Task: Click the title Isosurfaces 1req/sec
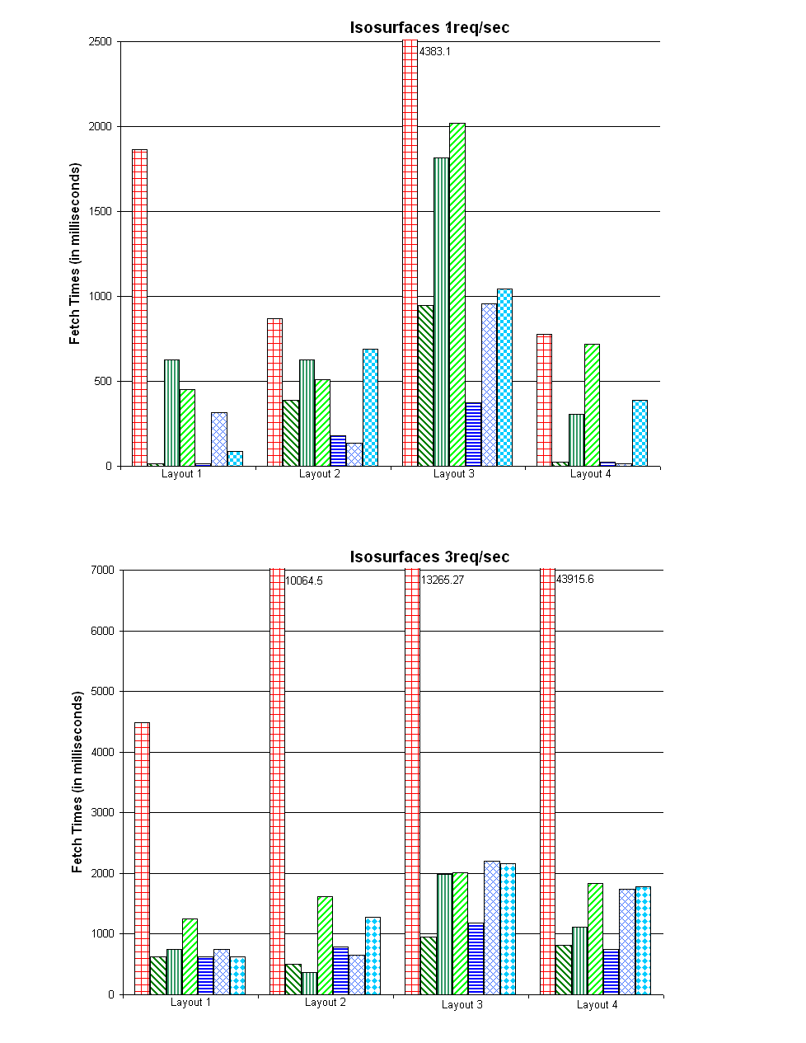429,27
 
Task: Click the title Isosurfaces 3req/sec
429,557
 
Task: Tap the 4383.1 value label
435,51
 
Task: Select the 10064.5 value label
304,580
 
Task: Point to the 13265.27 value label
443,580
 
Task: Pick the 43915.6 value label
575,579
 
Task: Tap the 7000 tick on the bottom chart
102,570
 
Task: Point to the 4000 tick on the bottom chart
102,752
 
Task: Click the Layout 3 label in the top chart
454,474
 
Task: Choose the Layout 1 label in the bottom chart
190,1003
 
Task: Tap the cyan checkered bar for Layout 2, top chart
370,407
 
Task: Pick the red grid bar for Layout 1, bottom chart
142,858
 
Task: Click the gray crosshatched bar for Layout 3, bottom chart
492,928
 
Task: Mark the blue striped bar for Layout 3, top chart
473,435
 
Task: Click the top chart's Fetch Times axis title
75,254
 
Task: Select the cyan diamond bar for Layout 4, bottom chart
643,940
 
